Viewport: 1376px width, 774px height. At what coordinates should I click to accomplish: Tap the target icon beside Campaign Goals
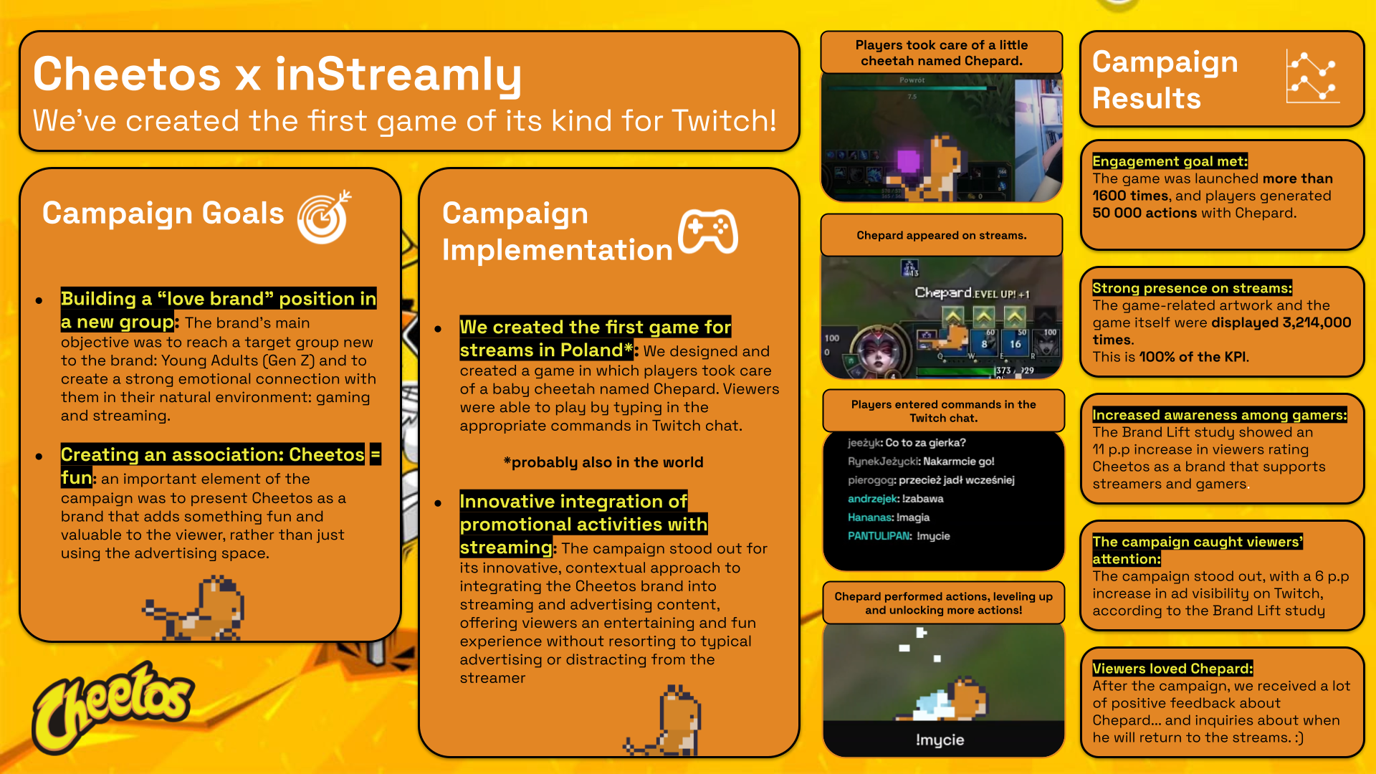click(324, 217)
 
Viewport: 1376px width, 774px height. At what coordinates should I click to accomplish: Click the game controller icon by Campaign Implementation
click(708, 231)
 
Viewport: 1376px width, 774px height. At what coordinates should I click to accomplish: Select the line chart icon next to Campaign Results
click(1311, 77)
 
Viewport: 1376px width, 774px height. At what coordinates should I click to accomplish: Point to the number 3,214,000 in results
click(1317, 322)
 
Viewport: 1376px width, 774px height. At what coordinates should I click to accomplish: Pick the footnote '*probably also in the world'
click(603, 462)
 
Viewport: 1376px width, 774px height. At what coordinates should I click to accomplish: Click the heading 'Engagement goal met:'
click(1170, 161)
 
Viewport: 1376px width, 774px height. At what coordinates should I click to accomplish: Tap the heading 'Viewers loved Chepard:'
click(1172, 669)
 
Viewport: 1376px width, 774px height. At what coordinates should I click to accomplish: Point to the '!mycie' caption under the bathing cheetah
click(940, 740)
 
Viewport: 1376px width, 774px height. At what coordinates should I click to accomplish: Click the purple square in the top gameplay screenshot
click(908, 161)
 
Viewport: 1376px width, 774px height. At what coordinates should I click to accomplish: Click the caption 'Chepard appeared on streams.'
click(941, 235)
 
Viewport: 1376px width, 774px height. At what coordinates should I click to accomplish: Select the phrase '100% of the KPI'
click(1193, 357)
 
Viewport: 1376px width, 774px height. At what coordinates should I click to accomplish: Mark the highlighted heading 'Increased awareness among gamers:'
click(1219, 415)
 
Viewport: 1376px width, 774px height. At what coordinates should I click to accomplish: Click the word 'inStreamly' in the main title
click(398, 75)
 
